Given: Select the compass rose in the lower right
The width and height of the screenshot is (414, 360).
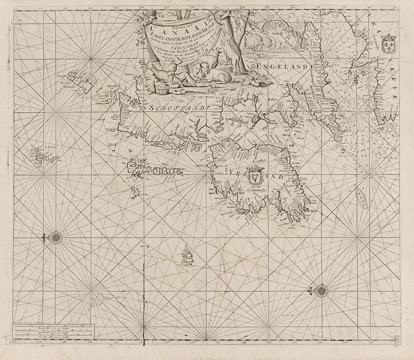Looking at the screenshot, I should pyautogui.click(x=321, y=290).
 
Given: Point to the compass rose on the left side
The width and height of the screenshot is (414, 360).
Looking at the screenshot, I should pyautogui.click(x=56, y=238).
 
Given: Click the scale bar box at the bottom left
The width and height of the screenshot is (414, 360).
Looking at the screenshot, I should pyautogui.click(x=53, y=332).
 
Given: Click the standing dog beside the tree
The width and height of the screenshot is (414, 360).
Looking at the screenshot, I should pyautogui.click(x=232, y=53).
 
